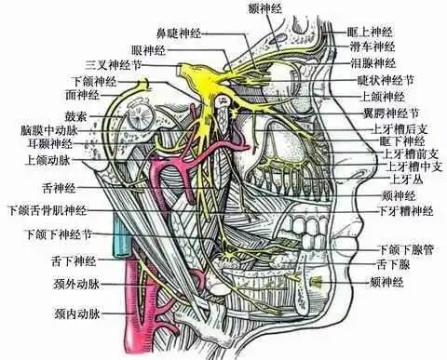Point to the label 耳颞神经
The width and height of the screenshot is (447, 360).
pyautogui.click(x=44, y=144)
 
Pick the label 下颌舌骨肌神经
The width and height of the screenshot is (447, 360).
pyautogui.click(x=47, y=210)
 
